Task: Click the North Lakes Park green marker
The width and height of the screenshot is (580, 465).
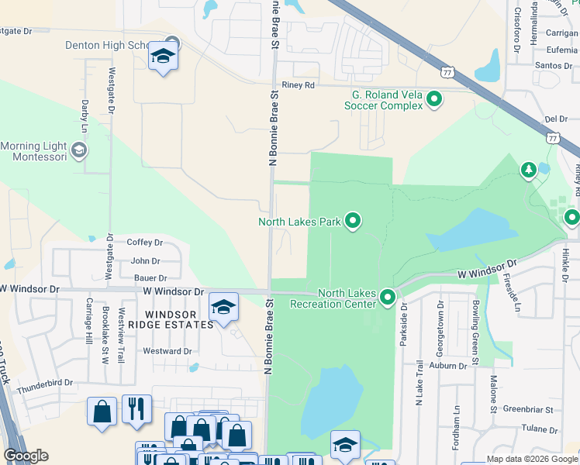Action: (354, 222)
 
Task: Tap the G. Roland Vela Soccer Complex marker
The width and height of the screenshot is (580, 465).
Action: (434, 99)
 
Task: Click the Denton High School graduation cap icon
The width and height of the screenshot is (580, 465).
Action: (163, 57)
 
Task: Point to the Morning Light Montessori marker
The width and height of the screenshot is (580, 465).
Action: (78, 149)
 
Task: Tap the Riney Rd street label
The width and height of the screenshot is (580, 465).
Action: (298, 85)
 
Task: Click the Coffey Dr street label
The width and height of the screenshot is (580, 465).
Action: (145, 243)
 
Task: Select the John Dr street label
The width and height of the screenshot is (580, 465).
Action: (145, 261)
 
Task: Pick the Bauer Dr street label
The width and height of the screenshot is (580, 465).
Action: (150, 277)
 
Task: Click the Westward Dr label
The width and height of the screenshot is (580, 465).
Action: (167, 351)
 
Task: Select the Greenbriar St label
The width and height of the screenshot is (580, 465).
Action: (526, 408)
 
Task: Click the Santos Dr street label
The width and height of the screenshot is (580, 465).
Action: (553, 66)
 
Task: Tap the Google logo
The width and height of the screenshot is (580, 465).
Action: (26, 456)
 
